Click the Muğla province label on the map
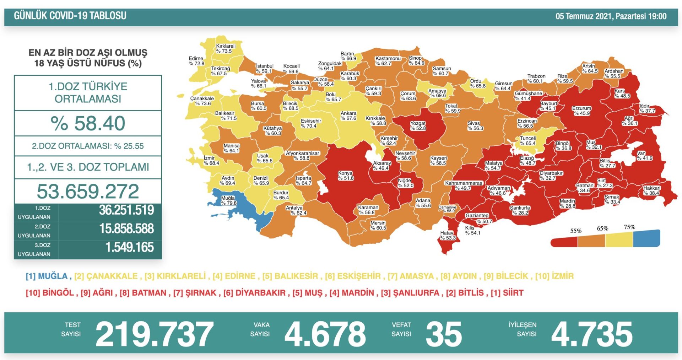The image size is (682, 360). pyautogui.click(x=228, y=200)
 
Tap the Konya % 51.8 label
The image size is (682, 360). pyautogui.click(x=346, y=176)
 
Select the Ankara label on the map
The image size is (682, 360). pyautogui.click(x=348, y=115)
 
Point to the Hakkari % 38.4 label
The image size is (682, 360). pyautogui.click(x=651, y=190)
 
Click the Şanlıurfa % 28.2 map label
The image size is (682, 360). pyautogui.click(x=520, y=210)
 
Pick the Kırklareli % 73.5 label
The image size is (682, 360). pyautogui.click(x=226, y=48)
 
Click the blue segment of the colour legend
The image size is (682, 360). pyautogui.click(x=646, y=239)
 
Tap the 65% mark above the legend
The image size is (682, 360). pyautogui.click(x=602, y=228)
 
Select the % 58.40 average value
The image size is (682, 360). pyautogui.click(x=88, y=123)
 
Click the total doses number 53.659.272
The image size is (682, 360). pyautogui.click(x=88, y=191)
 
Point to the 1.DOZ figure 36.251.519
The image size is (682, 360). pyautogui.click(x=126, y=210)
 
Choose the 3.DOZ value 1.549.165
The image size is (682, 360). pyautogui.click(x=129, y=247)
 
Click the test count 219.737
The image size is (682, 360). pyautogui.click(x=154, y=334)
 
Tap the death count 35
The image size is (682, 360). pyautogui.click(x=444, y=334)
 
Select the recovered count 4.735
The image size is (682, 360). pyautogui.click(x=592, y=334)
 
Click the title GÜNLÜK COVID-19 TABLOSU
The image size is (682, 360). pyautogui.click(x=70, y=16)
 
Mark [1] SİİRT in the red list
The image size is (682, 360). pyautogui.click(x=507, y=293)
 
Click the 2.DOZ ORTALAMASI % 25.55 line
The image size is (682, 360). pyautogui.click(x=88, y=146)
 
